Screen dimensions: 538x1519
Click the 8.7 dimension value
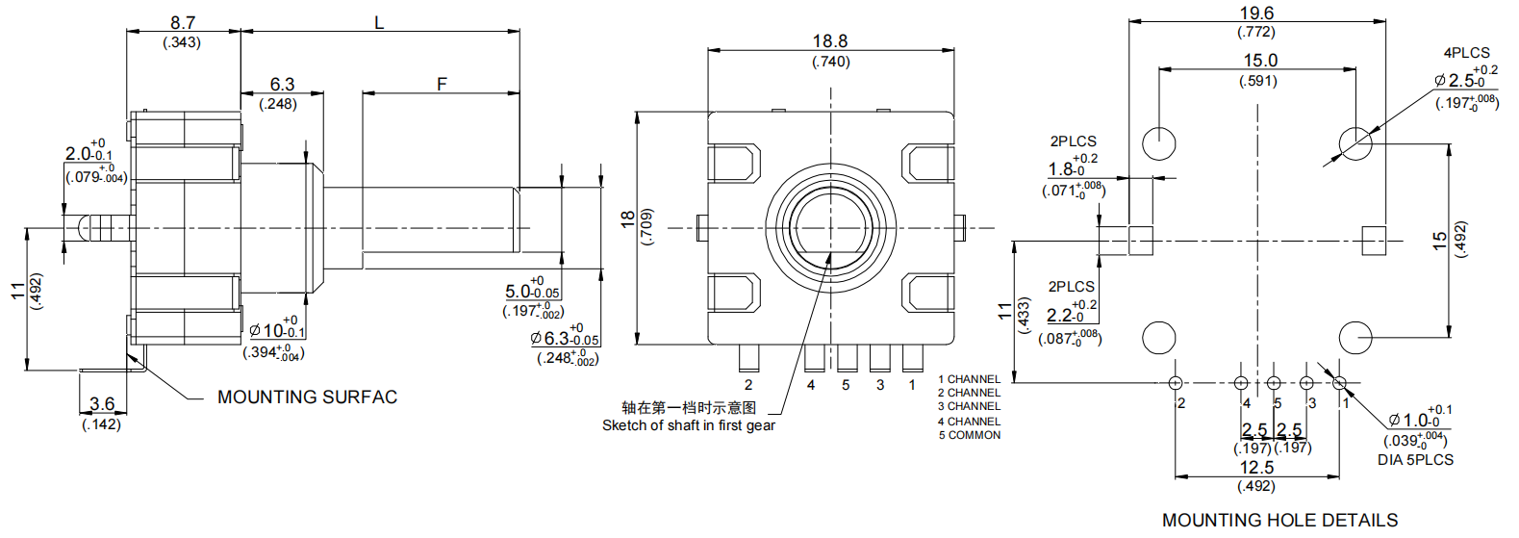coord(183,22)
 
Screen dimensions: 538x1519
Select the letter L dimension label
coord(379,22)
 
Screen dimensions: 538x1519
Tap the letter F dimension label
coord(442,84)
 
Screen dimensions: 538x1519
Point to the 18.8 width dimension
coord(830,41)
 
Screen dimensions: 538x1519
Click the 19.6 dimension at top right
coord(1256,13)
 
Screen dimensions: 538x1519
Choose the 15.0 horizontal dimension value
coord(1259,61)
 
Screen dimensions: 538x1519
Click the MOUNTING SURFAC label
coord(307,397)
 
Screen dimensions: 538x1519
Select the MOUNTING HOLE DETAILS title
coord(1279,520)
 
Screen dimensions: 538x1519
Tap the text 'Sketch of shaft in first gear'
coord(688,425)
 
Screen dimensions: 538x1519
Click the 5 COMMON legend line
coord(969,435)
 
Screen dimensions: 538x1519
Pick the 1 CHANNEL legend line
coord(969,379)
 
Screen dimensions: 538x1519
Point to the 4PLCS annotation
coord(1466,53)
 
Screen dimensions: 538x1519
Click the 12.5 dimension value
coord(1256,468)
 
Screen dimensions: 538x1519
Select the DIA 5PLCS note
coord(1415,460)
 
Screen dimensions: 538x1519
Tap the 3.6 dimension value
coord(102,404)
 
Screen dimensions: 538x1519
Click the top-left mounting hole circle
coord(1159,142)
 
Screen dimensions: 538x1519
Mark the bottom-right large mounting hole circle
coord(1354,338)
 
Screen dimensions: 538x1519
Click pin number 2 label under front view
coord(748,385)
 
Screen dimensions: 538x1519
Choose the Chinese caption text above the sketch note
coord(688,408)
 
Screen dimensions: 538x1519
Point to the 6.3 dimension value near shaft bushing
coord(282,85)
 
